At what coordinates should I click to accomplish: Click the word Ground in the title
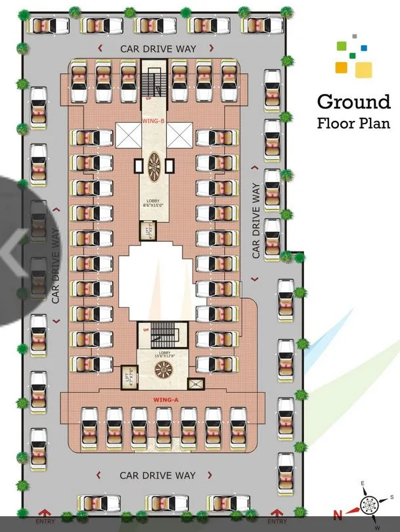[353, 102]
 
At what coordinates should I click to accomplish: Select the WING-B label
[154, 122]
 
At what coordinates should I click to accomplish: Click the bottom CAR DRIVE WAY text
[158, 475]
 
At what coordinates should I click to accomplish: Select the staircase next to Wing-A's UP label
[162, 336]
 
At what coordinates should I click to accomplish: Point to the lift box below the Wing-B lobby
[144, 231]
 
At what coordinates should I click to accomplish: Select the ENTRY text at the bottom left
[45, 521]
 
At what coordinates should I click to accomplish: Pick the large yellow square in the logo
[363, 69]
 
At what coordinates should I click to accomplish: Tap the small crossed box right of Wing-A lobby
[195, 384]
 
